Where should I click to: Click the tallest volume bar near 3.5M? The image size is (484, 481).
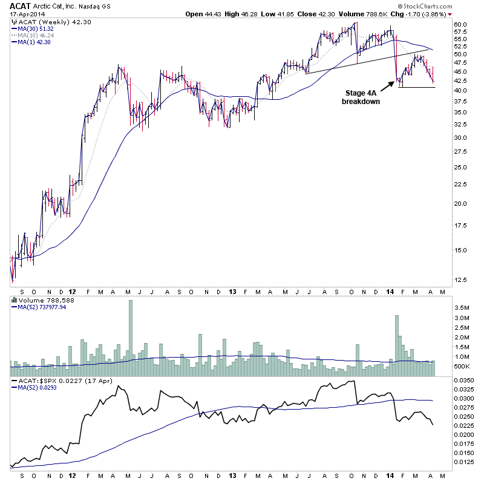(131, 333)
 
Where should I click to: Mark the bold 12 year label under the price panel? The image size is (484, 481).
(72, 290)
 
